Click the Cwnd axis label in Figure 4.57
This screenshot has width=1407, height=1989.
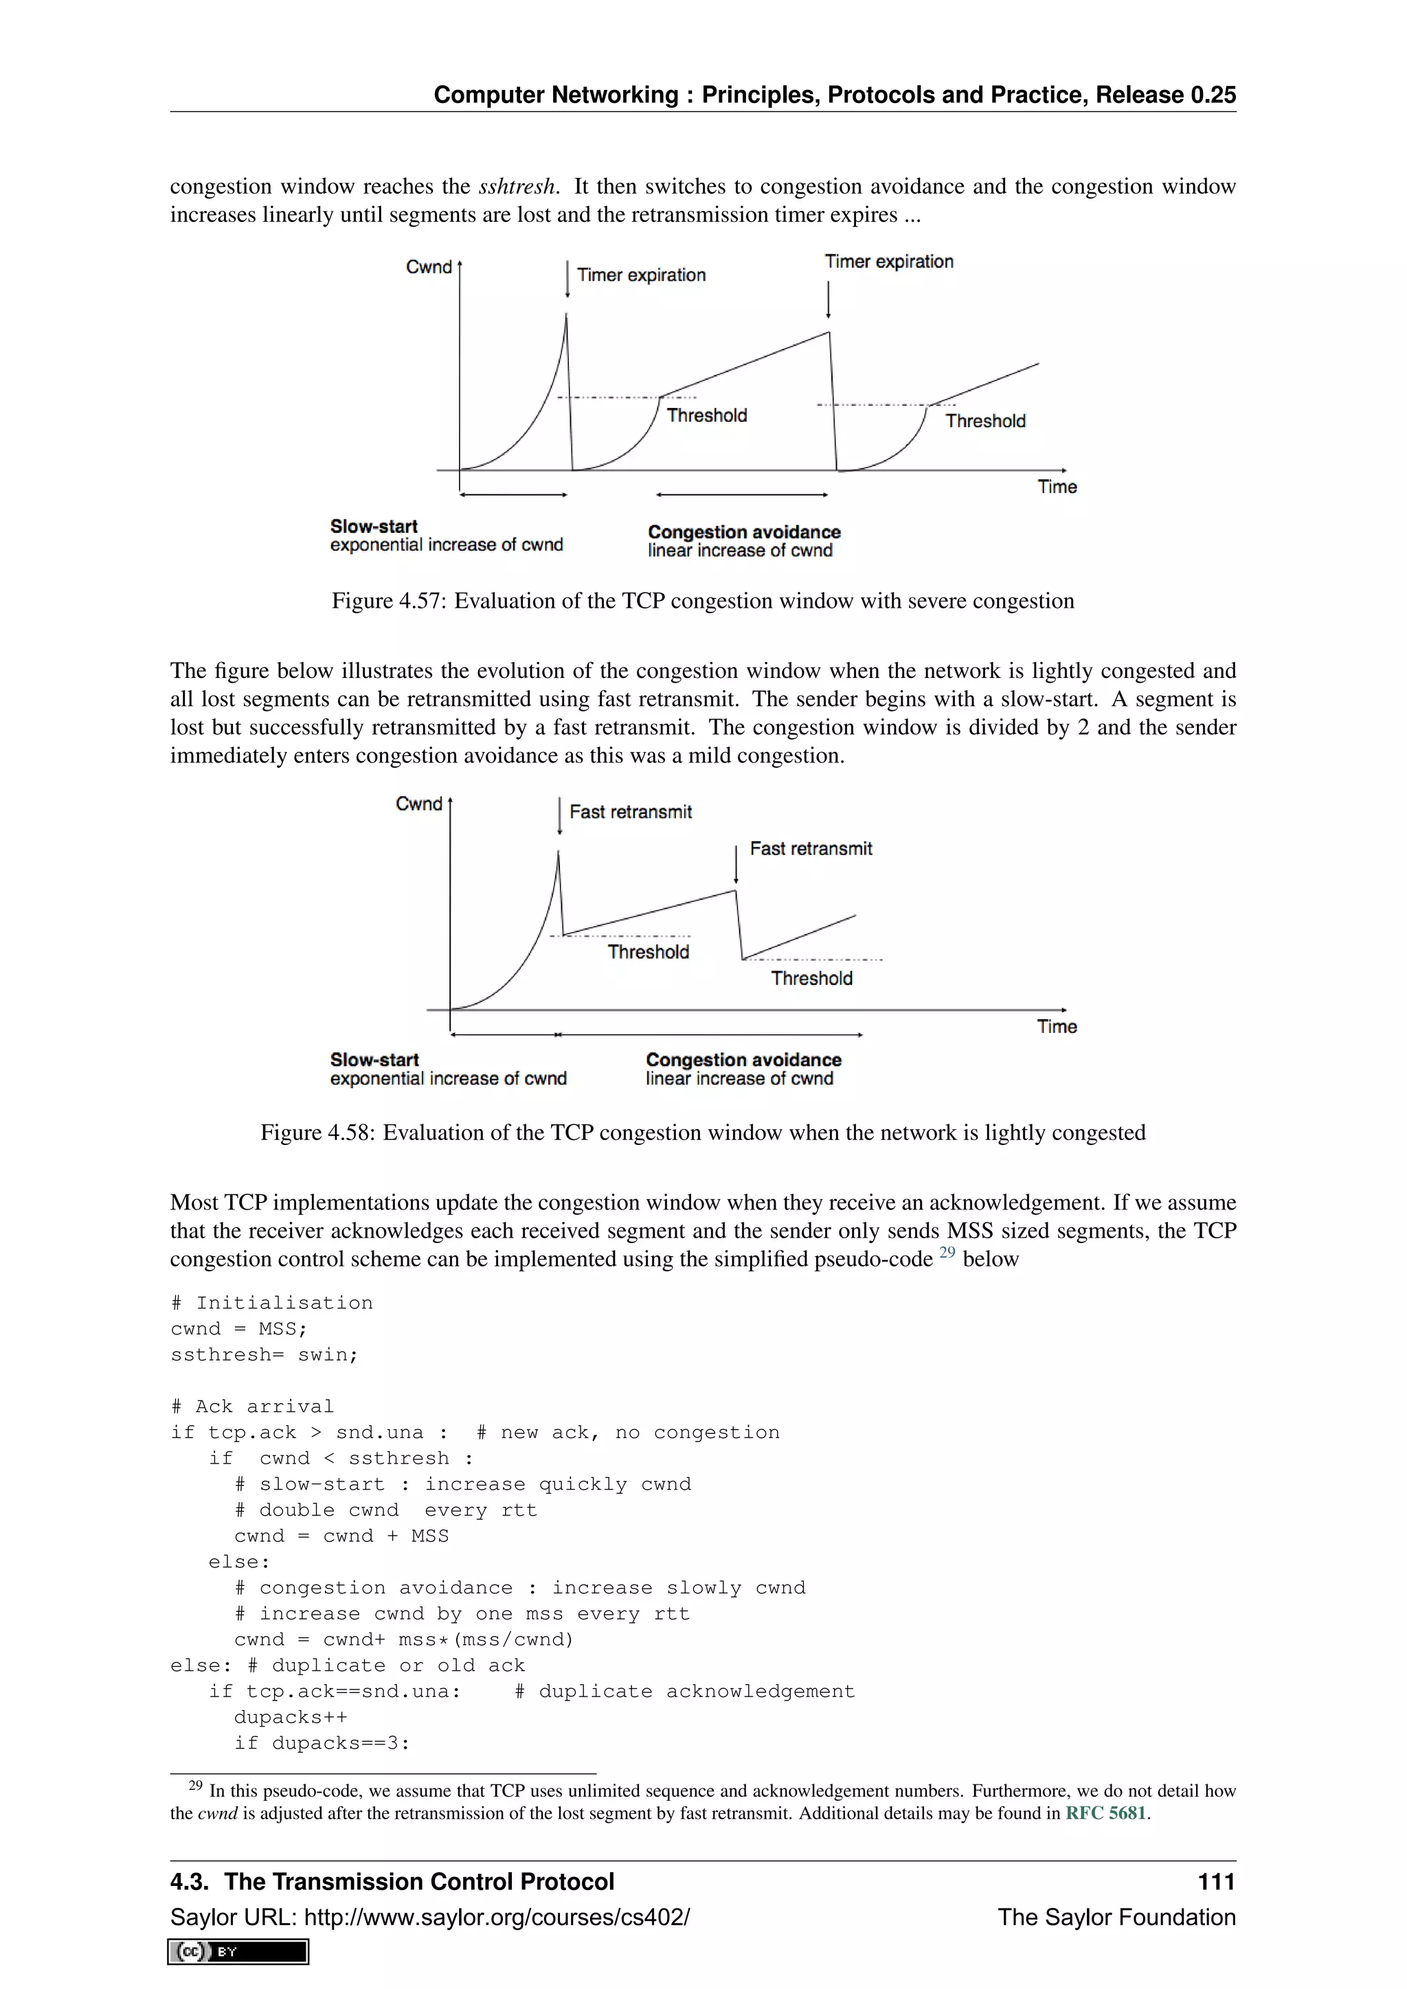429,266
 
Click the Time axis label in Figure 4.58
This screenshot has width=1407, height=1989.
1057,1027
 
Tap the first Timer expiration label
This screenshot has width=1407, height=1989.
641,275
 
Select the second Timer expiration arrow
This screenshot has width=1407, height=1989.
829,299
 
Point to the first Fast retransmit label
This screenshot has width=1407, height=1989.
631,812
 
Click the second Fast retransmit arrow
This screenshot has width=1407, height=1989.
736,864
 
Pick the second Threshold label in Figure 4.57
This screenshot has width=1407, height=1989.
985,421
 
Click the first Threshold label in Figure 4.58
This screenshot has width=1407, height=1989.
648,952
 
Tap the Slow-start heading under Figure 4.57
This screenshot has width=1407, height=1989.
374,527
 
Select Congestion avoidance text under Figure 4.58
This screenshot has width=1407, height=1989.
743,1060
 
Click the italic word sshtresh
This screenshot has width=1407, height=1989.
517,187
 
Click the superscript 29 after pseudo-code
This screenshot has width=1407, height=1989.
946,1253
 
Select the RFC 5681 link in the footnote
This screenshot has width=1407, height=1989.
1105,1813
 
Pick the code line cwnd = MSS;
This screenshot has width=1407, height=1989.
239,1329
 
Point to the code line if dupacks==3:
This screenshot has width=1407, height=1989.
322,1743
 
